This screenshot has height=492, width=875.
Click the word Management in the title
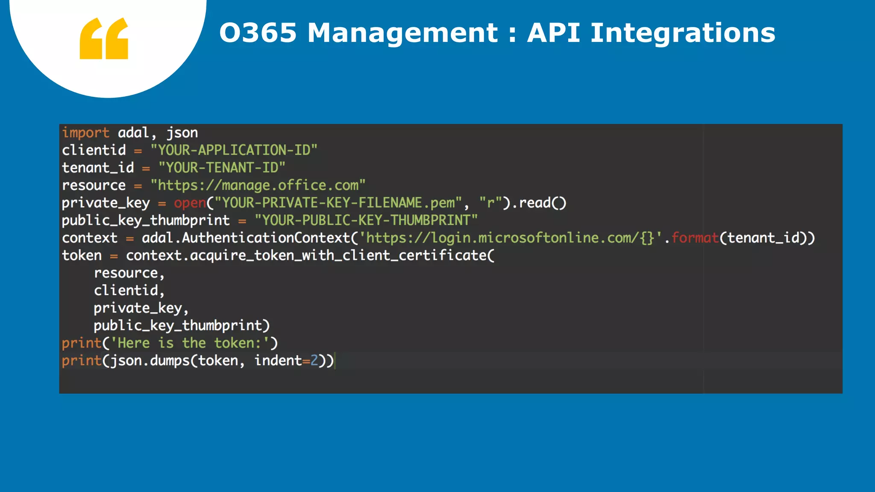402,33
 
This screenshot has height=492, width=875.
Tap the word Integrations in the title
682,33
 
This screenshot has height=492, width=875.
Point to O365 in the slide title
258,33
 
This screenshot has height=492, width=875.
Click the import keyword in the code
85,133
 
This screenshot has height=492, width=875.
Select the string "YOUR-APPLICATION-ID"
234,150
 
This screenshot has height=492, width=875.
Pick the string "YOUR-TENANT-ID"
222,168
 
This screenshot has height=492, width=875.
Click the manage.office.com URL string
258,185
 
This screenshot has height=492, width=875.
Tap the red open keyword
190,203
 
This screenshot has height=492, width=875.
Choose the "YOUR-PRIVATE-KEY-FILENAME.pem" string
338,203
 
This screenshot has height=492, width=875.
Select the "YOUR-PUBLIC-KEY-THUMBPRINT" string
366,220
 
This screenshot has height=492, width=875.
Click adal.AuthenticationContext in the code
246,238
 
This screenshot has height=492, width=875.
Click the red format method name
695,238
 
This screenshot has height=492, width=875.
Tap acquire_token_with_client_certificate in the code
338,255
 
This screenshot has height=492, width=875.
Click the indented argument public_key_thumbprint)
182,325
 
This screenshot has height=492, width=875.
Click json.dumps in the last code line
150,360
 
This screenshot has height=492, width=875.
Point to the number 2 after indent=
314,360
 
